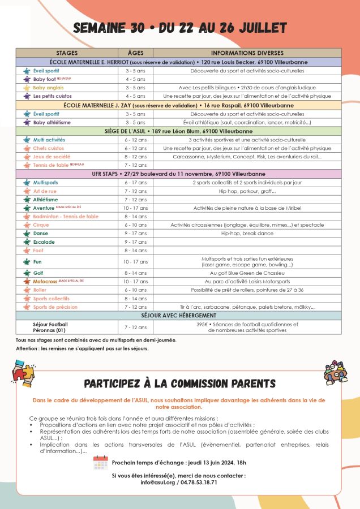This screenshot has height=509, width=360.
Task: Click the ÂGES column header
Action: pyautogui.click(x=136, y=53)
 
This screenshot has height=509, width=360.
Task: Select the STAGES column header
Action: pyautogui.click(x=67, y=53)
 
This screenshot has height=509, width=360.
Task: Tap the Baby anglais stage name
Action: pyautogui.click(x=48, y=88)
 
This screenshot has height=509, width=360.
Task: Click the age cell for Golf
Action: pyautogui.click(x=136, y=273)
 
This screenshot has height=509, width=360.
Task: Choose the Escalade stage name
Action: pyautogui.click(x=44, y=241)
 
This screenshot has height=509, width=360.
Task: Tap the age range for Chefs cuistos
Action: pyautogui.click(x=136, y=148)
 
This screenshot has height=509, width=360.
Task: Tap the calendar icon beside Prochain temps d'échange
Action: pyautogui.click(x=100, y=462)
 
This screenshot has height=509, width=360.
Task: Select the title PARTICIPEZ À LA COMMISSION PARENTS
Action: pyautogui.click(x=179, y=384)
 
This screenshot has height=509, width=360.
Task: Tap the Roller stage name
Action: pyautogui.click(x=40, y=290)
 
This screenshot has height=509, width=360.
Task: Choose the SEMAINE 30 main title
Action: pyautogui.click(x=180, y=28)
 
